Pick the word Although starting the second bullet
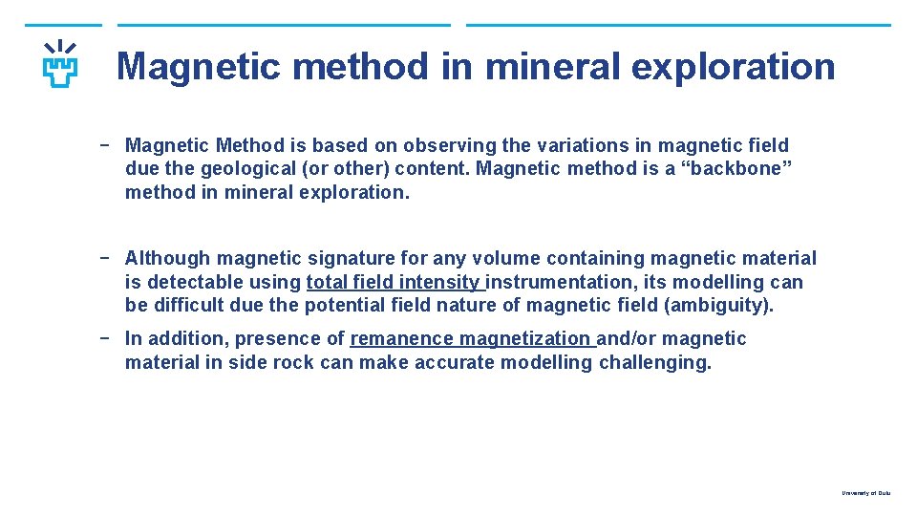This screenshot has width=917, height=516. coord(168,258)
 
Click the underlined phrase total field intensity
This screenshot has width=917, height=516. coord(394,282)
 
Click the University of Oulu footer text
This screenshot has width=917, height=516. coord(865,493)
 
